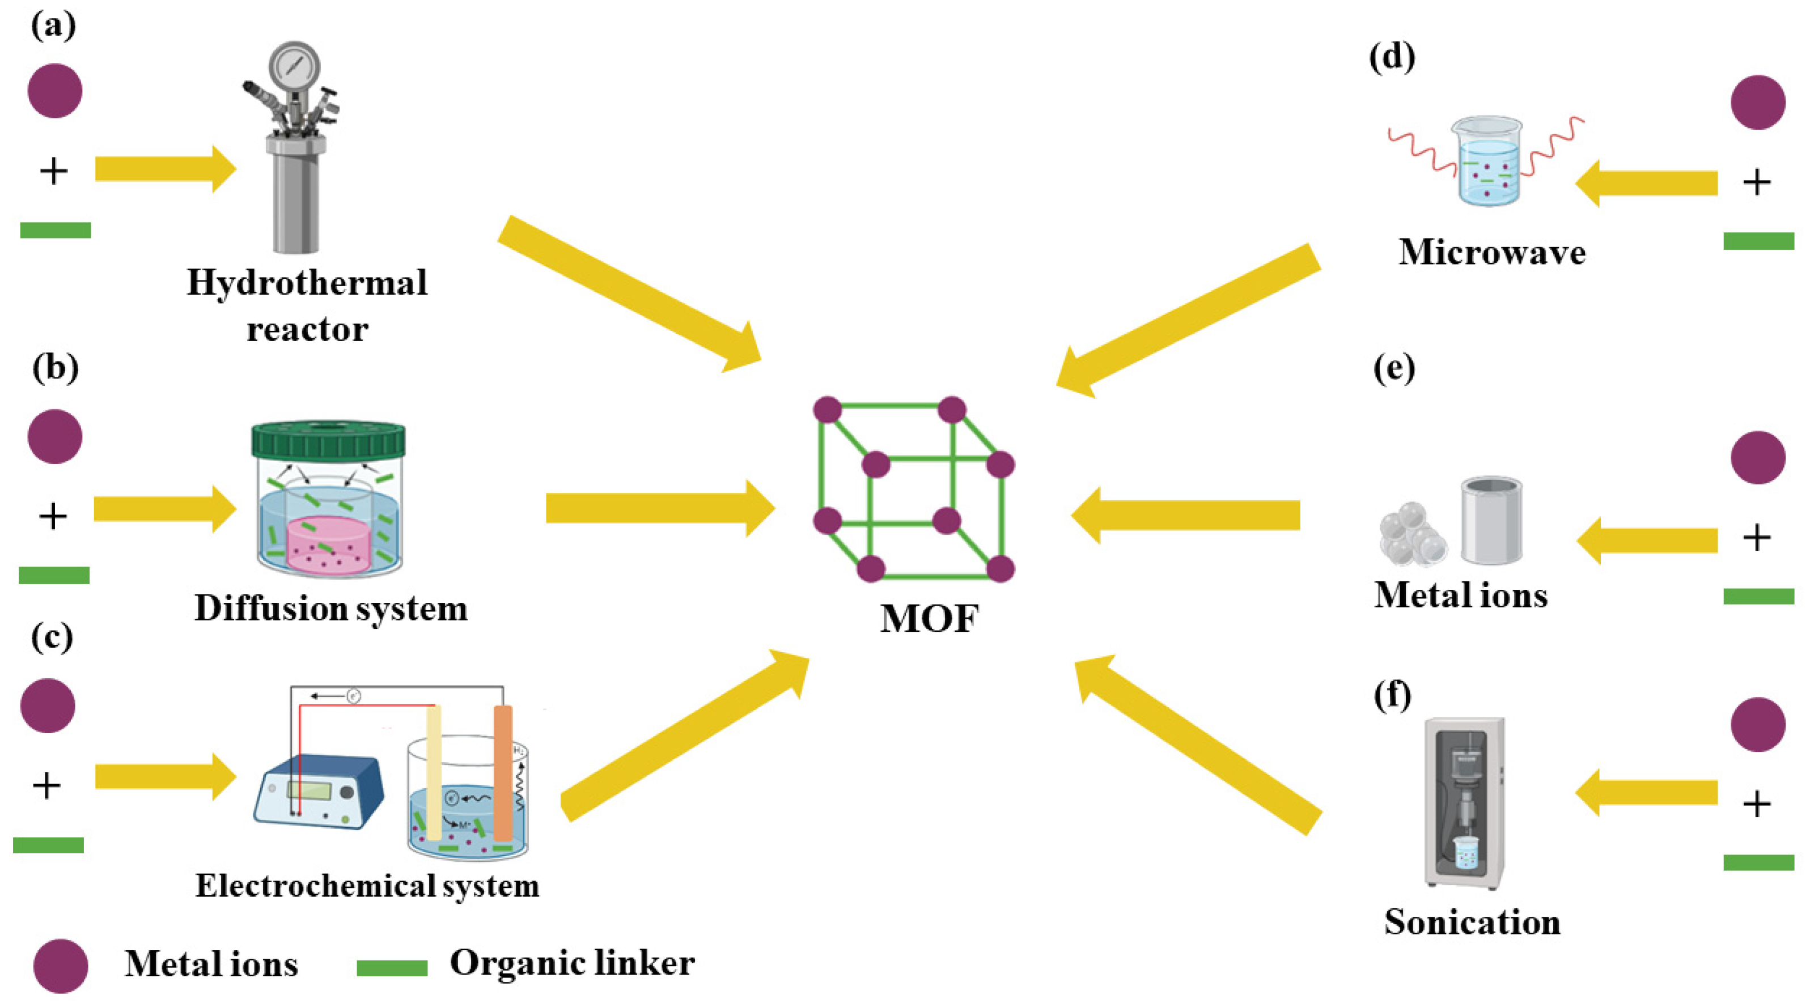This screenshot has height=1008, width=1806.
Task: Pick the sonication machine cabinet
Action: [x=1465, y=803]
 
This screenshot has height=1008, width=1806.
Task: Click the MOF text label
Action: [x=929, y=619]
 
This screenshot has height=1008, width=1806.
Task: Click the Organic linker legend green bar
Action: [x=392, y=968]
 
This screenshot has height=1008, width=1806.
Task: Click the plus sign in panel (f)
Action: [x=1756, y=804]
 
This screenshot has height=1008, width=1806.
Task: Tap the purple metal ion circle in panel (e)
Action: [x=1758, y=458]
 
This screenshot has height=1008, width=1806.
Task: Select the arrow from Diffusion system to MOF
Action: [x=659, y=508]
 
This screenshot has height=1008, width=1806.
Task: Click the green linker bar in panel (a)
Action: [x=56, y=230]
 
